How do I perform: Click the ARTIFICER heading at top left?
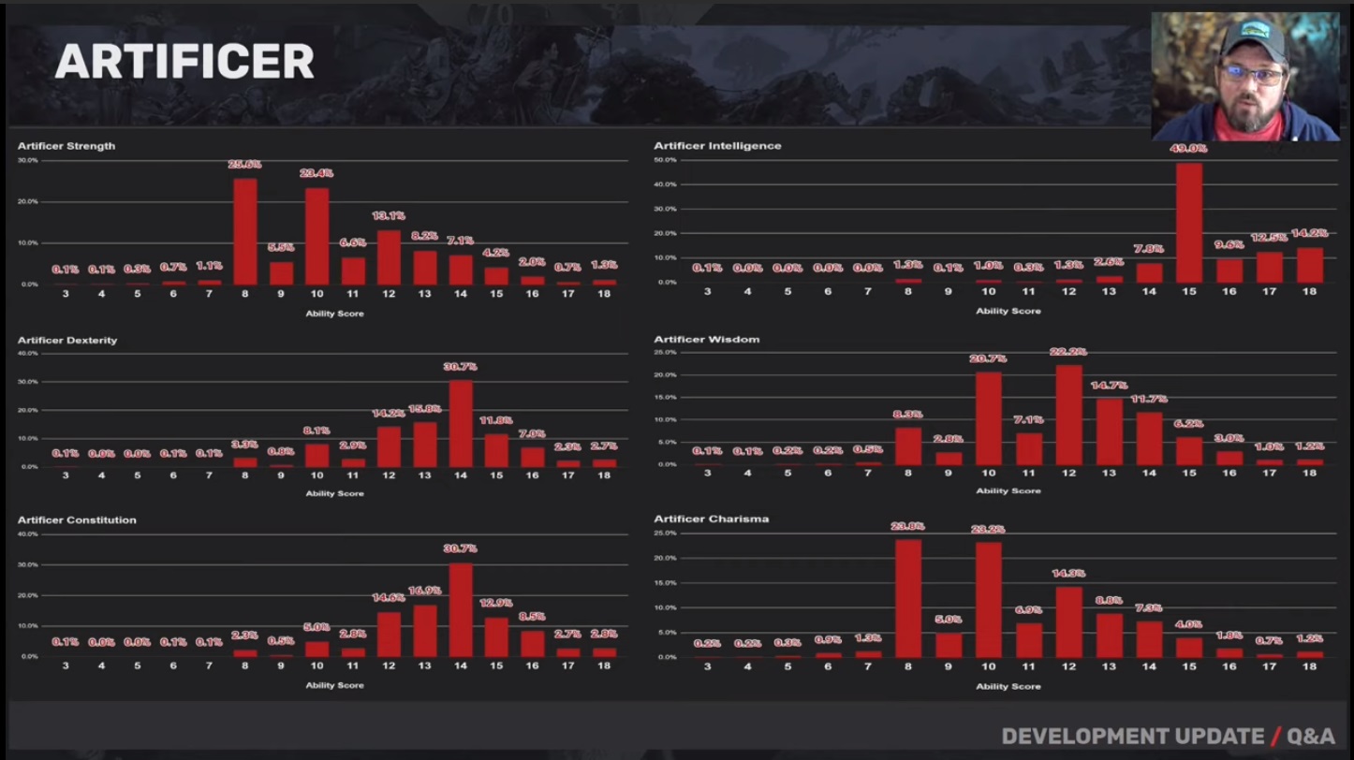184,62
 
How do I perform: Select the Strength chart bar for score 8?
244,231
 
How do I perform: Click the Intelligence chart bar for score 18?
1309,265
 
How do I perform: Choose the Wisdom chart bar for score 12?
1068,415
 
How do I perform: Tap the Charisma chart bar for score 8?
907,598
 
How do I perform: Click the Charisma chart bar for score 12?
1068,621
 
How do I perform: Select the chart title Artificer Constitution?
77,519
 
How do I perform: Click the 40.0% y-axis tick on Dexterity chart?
27,353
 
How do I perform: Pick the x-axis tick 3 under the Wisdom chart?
707,473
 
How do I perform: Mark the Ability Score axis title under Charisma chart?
1008,686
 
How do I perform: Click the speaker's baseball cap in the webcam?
1252,39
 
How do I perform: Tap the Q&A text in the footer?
1311,737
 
